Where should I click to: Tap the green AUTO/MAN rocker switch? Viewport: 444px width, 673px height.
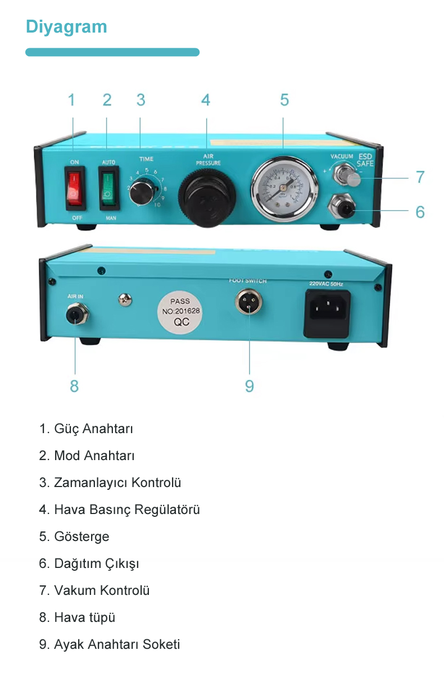click(107, 188)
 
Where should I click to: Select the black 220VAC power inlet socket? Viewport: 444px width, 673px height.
click(327, 310)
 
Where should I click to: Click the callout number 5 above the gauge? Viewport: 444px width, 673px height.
click(284, 100)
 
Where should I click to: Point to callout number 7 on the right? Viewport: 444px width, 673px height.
click(420, 177)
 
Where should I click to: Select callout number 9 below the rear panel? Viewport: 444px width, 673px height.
click(249, 386)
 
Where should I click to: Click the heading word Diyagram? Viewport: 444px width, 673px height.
click(66, 26)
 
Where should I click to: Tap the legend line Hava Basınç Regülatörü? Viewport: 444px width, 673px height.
click(126, 510)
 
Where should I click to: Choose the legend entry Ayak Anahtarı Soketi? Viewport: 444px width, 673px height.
click(116, 644)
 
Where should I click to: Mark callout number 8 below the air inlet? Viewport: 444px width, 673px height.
click(74, 386)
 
